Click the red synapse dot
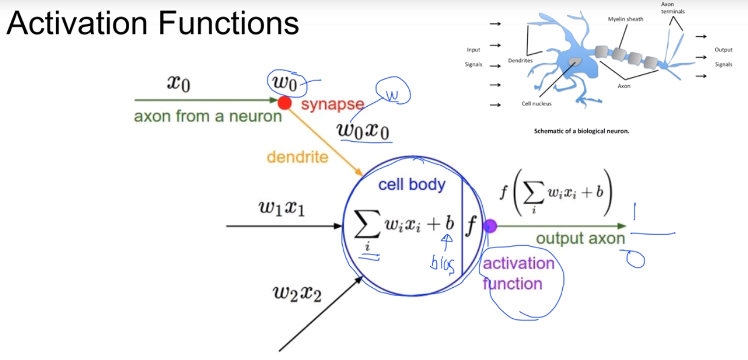(285, 103)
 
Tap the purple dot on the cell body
(489, 226)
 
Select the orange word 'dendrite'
(297, 157)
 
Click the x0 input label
(178, 84)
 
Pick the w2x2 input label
(297, 293)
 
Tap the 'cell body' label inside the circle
(412, 185)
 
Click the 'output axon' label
(580, 239)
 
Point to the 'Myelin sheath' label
(625, 19)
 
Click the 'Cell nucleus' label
(536, 104)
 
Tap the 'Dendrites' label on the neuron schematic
(520, 60)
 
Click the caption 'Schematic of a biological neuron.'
(581, 131)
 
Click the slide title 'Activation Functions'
(152, 24)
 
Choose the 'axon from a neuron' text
(208, 117)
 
